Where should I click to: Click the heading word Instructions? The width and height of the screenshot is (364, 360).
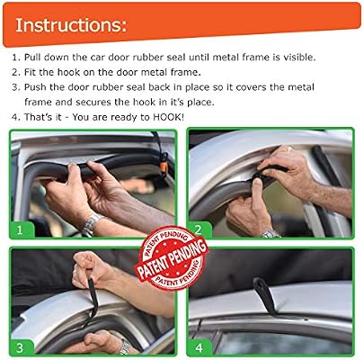point(71,25)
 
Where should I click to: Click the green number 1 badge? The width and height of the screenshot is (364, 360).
point(21,229)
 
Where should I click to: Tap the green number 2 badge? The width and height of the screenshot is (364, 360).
point(200,229)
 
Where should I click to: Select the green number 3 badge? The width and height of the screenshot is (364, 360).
point(21,347)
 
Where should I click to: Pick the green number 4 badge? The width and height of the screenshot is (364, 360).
point(200,347)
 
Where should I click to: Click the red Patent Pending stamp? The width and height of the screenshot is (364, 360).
point(172,258)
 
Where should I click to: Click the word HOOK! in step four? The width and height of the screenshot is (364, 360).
point(168,117)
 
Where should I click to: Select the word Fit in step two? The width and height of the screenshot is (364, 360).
point(30,72)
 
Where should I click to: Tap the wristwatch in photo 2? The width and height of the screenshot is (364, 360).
point(271,234)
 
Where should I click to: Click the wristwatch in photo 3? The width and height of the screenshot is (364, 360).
point(125,347)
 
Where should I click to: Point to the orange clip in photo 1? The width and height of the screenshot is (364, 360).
point(164,166)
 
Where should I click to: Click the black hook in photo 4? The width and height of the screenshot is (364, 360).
point(264,295)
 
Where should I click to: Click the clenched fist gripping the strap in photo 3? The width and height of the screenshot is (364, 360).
point(88,268)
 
